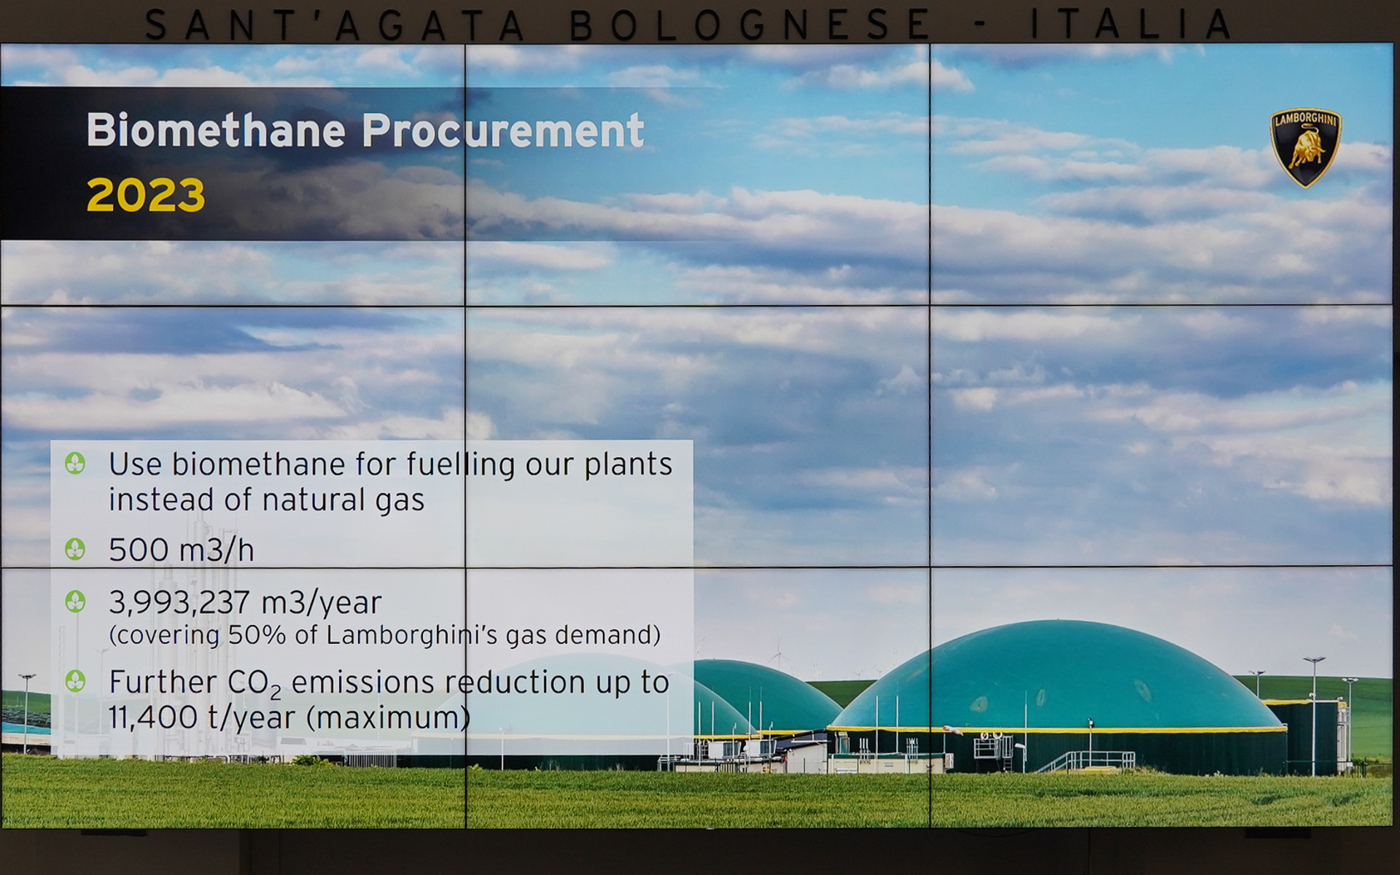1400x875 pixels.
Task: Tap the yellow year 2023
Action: (146, 195)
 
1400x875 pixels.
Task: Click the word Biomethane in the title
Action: (216, 131)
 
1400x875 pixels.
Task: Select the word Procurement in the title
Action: (503, 131)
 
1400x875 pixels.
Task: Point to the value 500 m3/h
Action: (182, 550)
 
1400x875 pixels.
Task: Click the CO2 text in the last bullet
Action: (254, 683)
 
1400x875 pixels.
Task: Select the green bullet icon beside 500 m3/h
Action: (75, 549)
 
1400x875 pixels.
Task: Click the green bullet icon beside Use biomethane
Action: (75, 463)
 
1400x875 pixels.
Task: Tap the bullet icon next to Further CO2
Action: (75, 681)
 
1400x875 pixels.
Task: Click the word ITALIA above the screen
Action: (1130, 24)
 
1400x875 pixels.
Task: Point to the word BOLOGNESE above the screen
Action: (750, 25)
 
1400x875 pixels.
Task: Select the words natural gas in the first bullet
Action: (343, 501)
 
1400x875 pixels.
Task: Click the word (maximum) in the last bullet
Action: (388, 718)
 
